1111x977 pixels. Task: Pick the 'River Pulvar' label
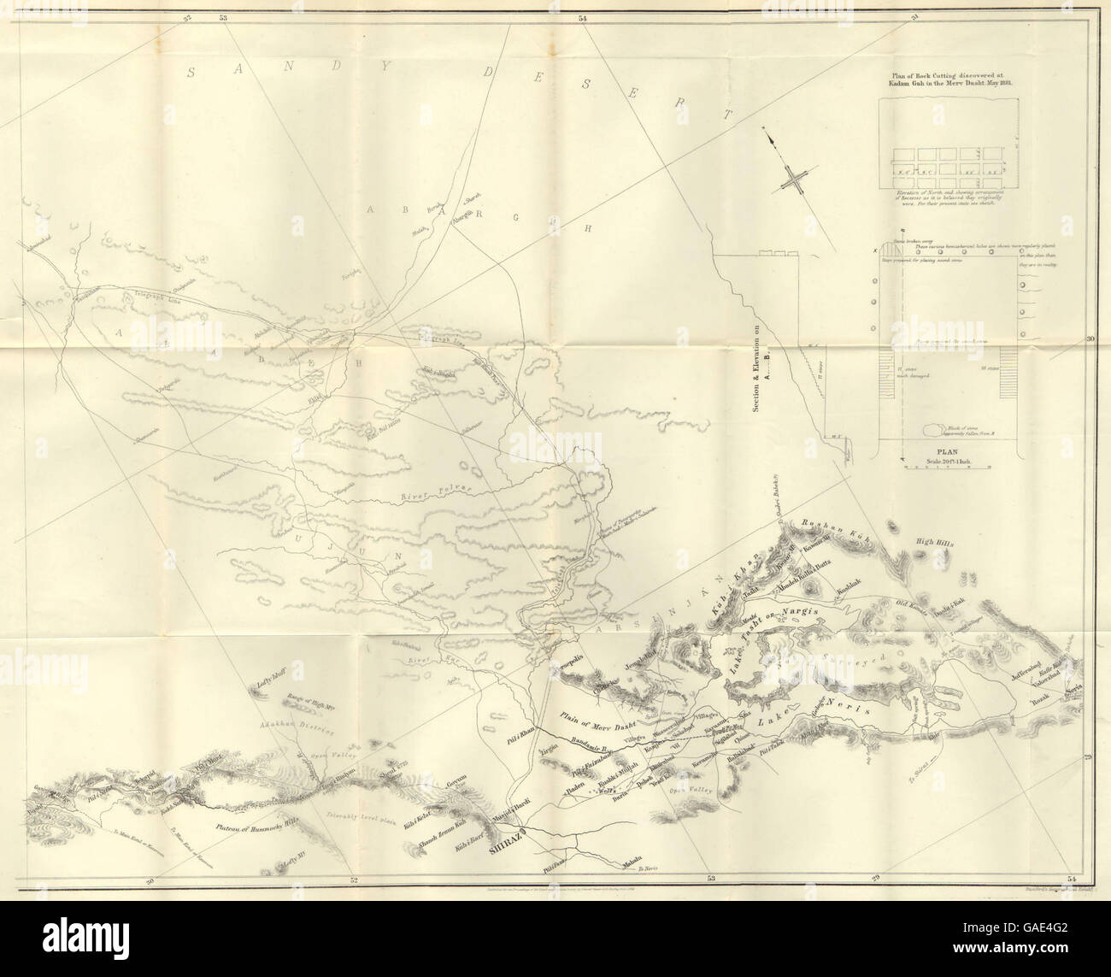point(436,493)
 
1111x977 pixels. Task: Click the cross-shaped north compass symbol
point(795,180)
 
